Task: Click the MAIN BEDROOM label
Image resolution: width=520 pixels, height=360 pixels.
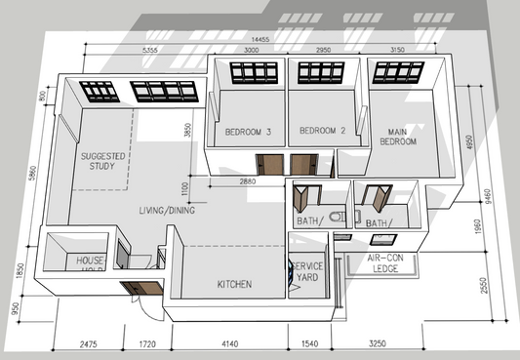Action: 398,136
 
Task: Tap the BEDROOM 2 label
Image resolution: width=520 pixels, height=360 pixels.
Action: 323,131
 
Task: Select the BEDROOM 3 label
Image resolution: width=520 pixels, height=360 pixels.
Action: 248,132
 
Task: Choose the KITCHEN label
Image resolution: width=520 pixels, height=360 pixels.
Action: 234,284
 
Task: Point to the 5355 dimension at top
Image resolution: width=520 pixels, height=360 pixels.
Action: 149,49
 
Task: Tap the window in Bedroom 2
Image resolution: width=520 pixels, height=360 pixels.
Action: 322,72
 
